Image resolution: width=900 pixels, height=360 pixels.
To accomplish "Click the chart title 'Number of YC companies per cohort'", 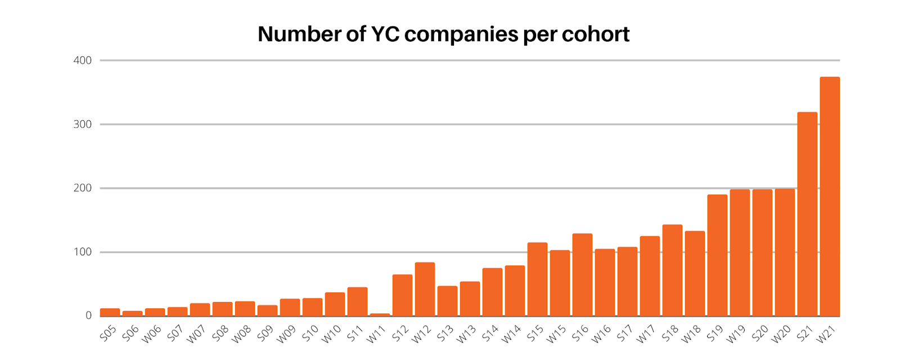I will click(x=443, y=34).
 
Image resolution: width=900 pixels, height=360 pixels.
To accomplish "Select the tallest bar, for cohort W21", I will click(x=830, y=197).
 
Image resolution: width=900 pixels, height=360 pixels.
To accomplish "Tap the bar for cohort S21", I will click(x=807, y=214).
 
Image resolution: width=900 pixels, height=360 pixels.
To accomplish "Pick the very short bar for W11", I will click(x=380, y=314).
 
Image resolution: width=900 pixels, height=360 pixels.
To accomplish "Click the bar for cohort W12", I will click(x=425, y=289).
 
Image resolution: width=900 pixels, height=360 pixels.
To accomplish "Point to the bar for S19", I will click(x=717, y=255).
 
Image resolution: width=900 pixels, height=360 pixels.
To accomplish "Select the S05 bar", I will click(x=110, y=312).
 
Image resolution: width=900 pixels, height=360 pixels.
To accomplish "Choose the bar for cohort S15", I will click(x=537, y=279).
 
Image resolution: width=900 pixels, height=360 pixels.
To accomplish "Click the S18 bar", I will click(x=672, y=270).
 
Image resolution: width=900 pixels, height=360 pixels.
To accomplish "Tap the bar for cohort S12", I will click(x=402, y=295).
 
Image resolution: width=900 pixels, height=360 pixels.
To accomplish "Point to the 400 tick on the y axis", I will click(x=83, y=60).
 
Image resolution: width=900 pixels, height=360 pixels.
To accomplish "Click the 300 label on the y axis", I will click(x=83, y=124).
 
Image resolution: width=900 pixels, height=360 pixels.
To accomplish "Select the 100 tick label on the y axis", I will click(x=83, y=252).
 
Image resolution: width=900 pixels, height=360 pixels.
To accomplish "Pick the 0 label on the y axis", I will click(x=88, y=316).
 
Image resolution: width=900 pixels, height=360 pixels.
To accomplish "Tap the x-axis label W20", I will click(x=781, y=334).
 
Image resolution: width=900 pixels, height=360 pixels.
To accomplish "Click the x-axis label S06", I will click(x=130, y=334).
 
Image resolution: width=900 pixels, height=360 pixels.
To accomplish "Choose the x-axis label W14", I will click(x=511, y=334).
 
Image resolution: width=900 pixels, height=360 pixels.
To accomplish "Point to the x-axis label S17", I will click(x=624, y=334).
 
